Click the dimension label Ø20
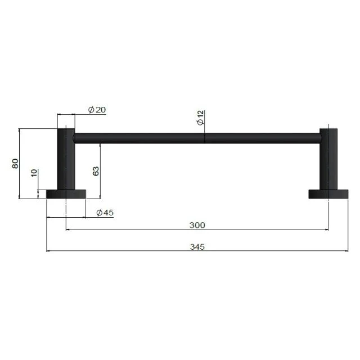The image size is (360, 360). pos(97,110)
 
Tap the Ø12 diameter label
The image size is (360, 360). pos(201,119)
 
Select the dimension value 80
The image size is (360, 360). pos(16,163)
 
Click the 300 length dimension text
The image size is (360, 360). pos(197,225)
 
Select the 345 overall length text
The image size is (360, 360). pos(197,246)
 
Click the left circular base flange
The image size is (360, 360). pos(66,194)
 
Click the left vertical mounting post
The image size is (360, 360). pos(66,160)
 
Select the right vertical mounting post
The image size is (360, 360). pos(328,160)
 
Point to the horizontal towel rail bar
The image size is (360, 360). pos(197,137)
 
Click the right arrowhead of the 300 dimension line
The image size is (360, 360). pos(326,229)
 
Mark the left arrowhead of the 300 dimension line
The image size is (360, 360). pos(68,229)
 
